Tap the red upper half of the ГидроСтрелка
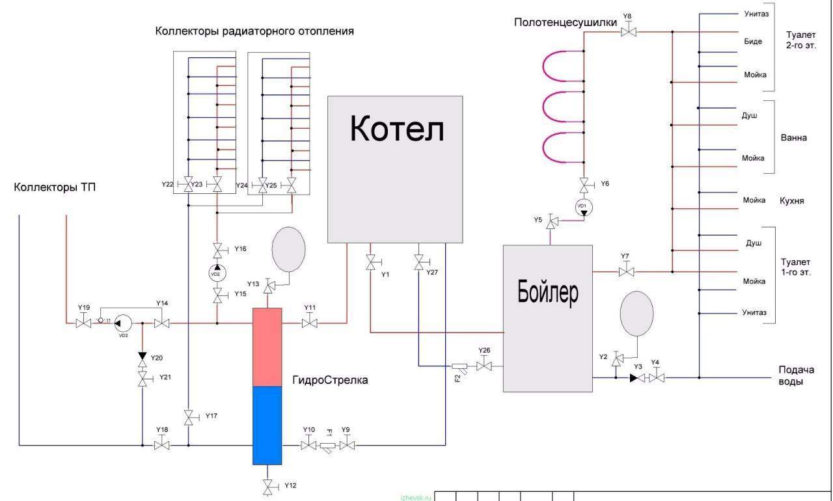click(267, 347)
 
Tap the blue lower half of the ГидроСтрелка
click(267, 425)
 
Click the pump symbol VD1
click(584, 208)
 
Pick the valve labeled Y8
click(628, 31)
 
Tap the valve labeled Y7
click(625, 272)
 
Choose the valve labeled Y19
click(83, 323)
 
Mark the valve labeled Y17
click(189, 417)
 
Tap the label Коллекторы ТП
click(55, 188)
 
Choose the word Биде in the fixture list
click(753, 41)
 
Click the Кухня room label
click(792, 201)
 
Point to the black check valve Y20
click(143, 357)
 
